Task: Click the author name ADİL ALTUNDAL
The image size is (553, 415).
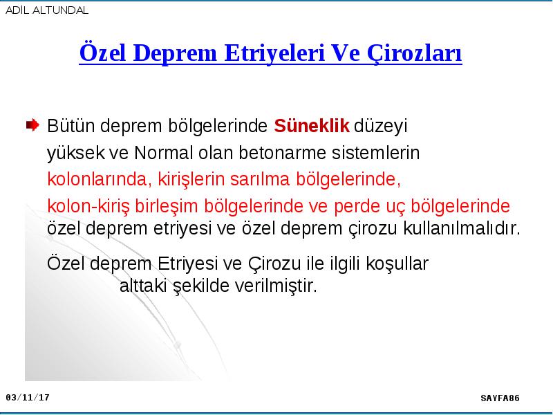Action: pyautogui.click(x=47, y=10)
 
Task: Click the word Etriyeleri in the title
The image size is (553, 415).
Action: pyautogui.click(x=274, y=53)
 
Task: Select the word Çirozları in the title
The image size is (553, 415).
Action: pyautogui.click(x=414, y=54)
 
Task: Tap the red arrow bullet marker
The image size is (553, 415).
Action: pyautogui.click(x=32, y=125)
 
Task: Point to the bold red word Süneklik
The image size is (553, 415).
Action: pyautogui.click(x=312, y=126)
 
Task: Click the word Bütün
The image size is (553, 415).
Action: pyautogui.click(x=71, y=126)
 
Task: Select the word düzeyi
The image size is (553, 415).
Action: pyautogui.click(x=381, y=127)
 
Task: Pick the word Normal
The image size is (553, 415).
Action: pyautogui.click(x=164, y=153)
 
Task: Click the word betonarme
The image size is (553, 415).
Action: pyautogui.click(x=283, y=153)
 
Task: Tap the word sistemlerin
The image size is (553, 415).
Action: pyautogui.click(x=375, y=153)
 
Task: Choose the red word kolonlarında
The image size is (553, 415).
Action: pyautogui.click(x=100, y=179)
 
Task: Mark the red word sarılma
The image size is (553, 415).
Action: pyautogui.click(x=260, y=179)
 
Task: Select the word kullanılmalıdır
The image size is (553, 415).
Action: pyautogui.click(x=462, y=228)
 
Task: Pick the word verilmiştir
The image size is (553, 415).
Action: pyautogui.click(x=276, y=286)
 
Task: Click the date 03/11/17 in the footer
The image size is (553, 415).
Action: pyautogui.click(x=28, y=398)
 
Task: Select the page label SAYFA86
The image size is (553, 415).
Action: pyautogui.click(x=500, y=398)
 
